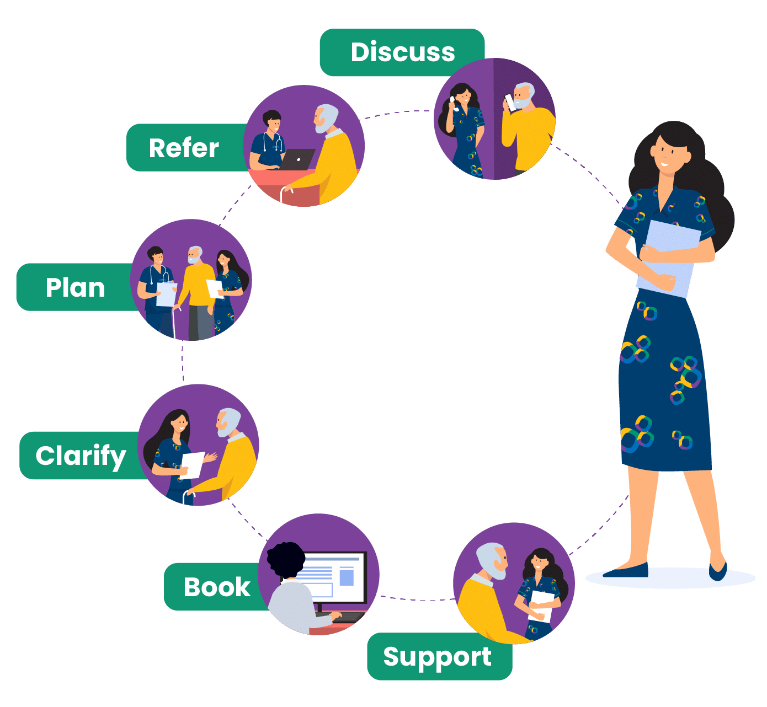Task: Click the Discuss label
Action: tap(402, 52)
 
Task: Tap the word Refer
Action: tap(184, 148)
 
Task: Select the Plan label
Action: tap(75, 287)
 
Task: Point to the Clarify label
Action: tap(81, 456)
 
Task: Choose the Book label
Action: tap(217, 587)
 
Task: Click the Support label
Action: tap(437, 657)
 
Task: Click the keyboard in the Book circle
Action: tap(348, 617)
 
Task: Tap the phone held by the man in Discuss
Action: tap(510, 103)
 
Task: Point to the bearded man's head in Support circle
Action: tap(492, 560)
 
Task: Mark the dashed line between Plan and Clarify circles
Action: tap(182, 362)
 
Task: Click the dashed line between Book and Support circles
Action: tap(417, 598)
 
